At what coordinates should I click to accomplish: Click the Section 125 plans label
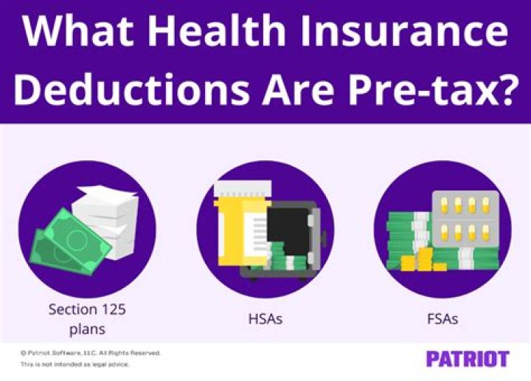pos(87,318)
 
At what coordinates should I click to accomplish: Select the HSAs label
pos(265,319)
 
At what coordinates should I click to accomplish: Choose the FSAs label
pos(443,319)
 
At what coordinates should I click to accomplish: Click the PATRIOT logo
pos(467,360)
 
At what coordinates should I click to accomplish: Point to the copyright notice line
pos(91,353)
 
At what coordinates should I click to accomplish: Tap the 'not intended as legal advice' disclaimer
pos(75,365)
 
